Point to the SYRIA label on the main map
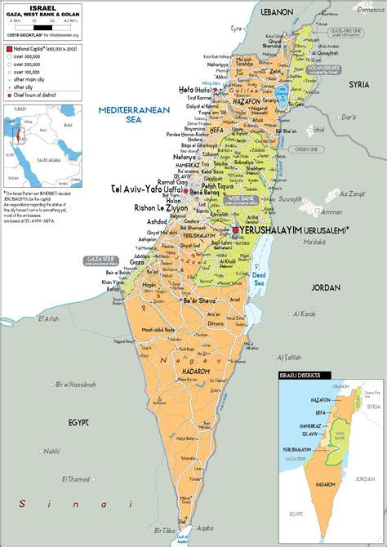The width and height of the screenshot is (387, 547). point(360,84)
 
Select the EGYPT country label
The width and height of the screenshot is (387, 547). point(78,422)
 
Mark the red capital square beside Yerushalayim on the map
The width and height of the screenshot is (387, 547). point(236,231)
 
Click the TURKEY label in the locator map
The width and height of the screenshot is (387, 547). point(20,109)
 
